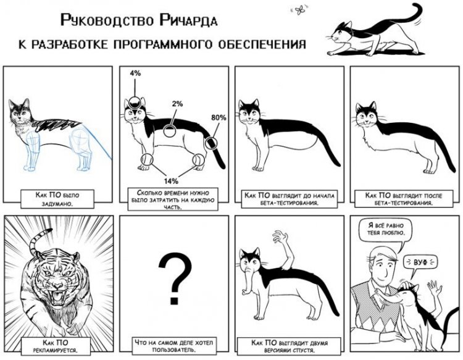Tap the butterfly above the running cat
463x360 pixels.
[x=299, y=10]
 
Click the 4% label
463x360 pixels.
[x=135, y=73]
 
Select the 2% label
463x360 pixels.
[x=177, y=104]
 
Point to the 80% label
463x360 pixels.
[x=219, y=117]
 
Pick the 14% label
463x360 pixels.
[x=171, y=181]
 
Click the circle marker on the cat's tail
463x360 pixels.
[x=211, y=143]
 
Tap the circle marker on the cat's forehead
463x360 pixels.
[x=135, y=103]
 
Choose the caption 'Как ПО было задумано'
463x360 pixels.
[x=57, y=199]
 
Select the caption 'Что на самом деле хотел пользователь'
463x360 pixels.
[x=173, y=346]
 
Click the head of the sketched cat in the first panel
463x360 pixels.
[x=20, y=112]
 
